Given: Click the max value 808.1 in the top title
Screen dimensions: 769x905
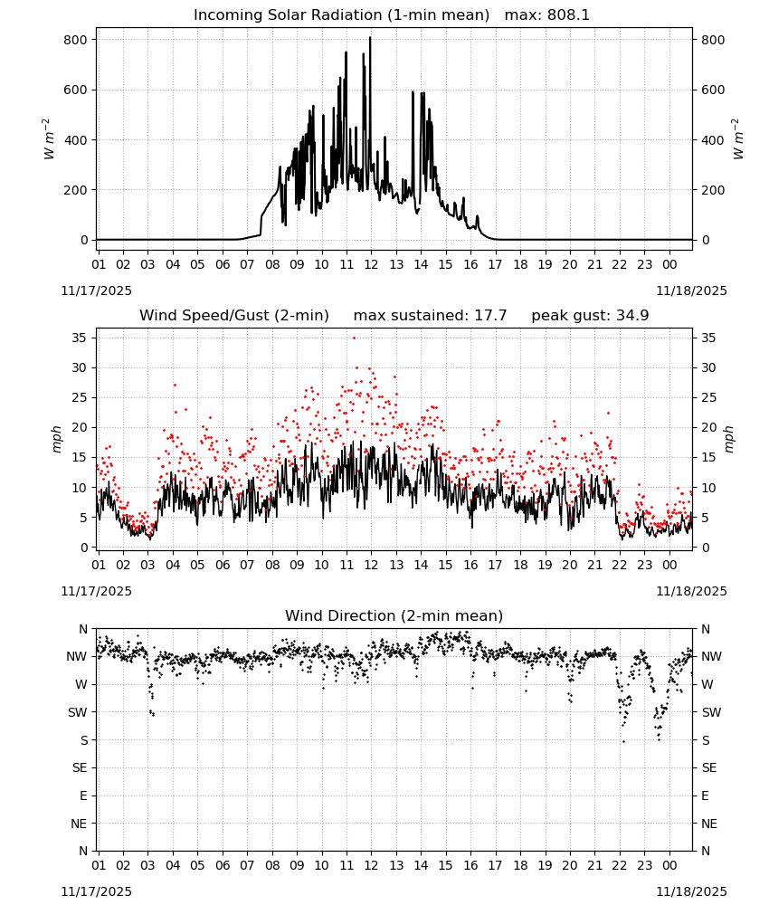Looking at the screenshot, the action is pyautogui.click(x=568, y=15).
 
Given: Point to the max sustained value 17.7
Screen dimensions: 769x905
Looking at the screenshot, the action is pyautogui.click(x=490, y=316).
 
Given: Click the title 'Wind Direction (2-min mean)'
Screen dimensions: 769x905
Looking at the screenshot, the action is pyautogui.click(x=394, y=615).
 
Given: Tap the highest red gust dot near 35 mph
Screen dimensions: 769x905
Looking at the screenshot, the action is pyautogui.click(x=355, y=338).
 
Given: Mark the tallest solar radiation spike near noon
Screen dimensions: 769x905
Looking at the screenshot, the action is pyautogui.click(x=370, y=38).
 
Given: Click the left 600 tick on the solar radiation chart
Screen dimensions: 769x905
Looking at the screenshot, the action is pyautogui.click(x=76, y=90).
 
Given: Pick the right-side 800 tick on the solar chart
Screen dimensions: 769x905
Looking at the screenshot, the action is pyautogui.click(x=713, y=40).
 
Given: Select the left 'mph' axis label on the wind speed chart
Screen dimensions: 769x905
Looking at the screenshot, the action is pyautogui.click(x=56, y=439).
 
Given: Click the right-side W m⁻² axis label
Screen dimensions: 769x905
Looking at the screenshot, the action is pyautogui.click(x=738, y=139).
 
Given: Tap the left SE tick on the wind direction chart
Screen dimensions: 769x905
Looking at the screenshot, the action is pyautogui.click(x=81, y=767).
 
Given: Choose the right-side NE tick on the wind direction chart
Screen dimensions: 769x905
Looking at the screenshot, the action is pyautogui.click(x=709, y=824).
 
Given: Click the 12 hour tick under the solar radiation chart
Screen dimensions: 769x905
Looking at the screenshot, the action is pyautogui.click(x=371, y=264).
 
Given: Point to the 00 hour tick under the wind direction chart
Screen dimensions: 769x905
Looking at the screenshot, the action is pyautogui.click(x=669, y=865).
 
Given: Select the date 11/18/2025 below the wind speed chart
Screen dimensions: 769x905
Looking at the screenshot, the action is pyautogui.click(x=691, y=591).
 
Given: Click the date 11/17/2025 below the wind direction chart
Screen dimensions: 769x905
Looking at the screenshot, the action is pyautogui.click(x=96, y=891).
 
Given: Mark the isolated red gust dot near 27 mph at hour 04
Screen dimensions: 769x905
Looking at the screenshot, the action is pyautogui.click(x=175, y=385).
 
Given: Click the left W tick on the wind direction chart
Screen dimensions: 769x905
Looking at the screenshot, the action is pyautogui.click(x=82, y=684).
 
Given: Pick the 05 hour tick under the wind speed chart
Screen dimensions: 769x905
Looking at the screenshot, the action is pyautogui.click(x=197, y=565).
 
